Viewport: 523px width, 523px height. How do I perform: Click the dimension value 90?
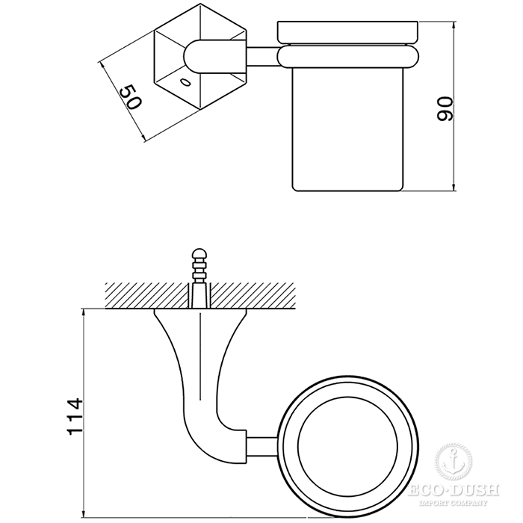click(x=446, y=109)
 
